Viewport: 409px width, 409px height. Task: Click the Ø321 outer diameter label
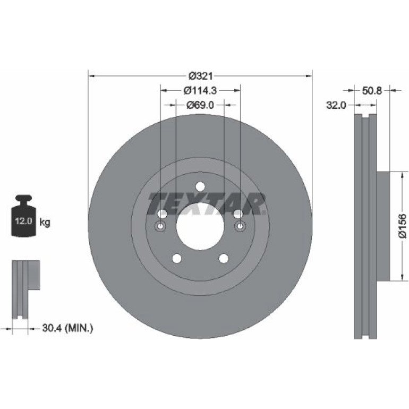(200, 76)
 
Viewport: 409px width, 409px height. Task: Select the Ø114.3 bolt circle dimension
(200, 90)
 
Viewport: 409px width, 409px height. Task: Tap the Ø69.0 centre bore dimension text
(200, 105)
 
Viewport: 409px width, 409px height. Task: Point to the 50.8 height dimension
(372, 90)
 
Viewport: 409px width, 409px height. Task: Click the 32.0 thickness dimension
(336, 105)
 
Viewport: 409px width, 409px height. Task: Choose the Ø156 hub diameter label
(403, 226)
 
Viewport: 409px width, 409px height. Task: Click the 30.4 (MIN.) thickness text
(67, 328)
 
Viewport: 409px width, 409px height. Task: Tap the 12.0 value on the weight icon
(23, 221)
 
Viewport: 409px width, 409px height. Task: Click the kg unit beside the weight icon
(45, 222)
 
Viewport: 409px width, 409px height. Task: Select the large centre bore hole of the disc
(200, 227)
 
